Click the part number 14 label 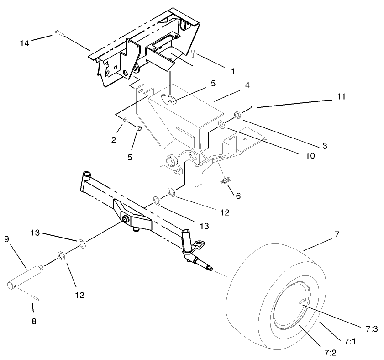point(24,43)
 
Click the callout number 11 point(342,97)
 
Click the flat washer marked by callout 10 point(221,124)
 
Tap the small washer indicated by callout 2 point(125,120)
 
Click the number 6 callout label point(238,196)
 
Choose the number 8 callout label point(34,321)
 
